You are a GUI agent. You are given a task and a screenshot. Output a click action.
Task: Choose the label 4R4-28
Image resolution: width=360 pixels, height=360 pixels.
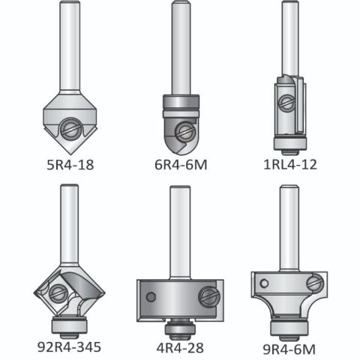[x=180, y=348]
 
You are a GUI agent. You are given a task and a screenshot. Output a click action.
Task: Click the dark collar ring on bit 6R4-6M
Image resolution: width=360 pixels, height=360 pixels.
[x=181, y=103]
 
